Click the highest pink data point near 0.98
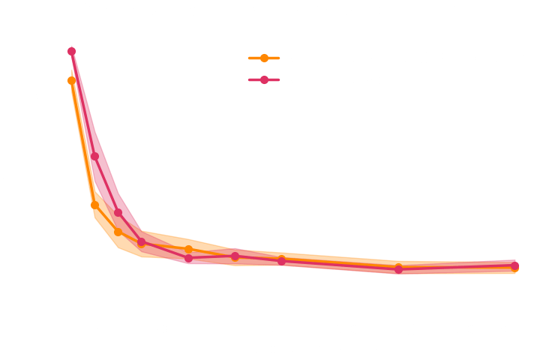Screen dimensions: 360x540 point(72,52)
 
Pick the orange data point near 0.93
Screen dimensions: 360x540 point(72,80)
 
